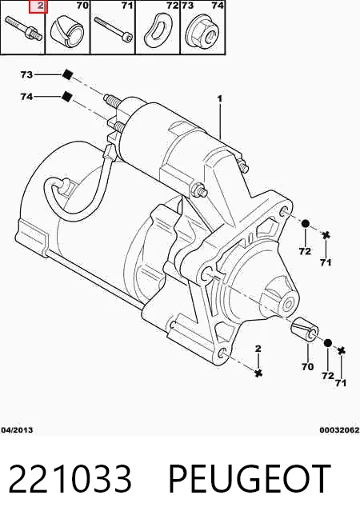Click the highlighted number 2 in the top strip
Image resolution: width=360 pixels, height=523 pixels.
pyautogui.click(x=40, y=6)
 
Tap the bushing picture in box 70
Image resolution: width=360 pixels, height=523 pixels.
pyautogui.click(x=67, y=31)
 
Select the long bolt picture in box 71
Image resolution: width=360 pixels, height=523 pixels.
pyautogui.click(x=114, y=28)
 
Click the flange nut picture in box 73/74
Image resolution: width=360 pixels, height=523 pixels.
pyautogui.click(x=202, y=30)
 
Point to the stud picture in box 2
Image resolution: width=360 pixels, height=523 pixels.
pyautogui.click(x=24, y=29)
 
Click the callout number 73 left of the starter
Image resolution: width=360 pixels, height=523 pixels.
pyautogui.click(x=26, y=74)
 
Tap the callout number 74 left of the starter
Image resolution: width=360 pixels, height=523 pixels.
pyautogui.click(x=26, y=97)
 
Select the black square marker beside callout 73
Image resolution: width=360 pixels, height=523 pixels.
pyautogui.click(x=67, y=74)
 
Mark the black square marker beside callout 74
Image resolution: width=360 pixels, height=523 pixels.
pyautogui.click(x=67, y=97)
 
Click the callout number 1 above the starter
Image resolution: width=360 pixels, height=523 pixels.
pyautogui.click(x=219, y=99)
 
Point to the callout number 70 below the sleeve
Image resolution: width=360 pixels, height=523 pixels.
pyautogui.click(x=307, y=366)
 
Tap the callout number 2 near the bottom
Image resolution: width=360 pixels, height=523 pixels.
pyautogui.click(x=258, y=349)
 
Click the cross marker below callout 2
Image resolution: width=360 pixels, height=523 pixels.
pyautogui.click(x=258, y=373)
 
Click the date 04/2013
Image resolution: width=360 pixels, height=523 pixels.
pyautogui.click(x=17, y=430)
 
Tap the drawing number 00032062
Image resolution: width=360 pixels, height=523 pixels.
pyautogui.click(x=339, y=430)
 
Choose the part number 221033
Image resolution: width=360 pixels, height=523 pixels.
pyautogui.click(x=70, y=479)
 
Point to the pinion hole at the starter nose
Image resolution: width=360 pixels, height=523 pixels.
pyautogui.click(x=289, y=304)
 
